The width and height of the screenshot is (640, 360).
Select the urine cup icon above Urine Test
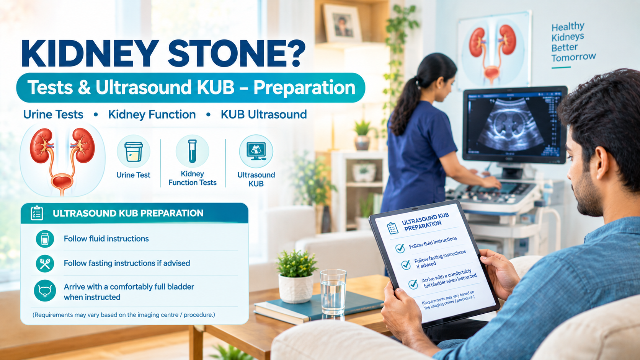tap(134, 151)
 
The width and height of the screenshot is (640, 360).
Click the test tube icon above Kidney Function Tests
tap(192, 151)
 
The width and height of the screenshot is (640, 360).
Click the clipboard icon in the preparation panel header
tap(37, 213)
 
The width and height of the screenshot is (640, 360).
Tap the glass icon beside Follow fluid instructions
tap(45, 239)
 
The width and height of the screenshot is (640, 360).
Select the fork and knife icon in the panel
tap(45, 263)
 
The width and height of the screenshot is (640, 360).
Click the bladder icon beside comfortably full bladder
tap(45, 291)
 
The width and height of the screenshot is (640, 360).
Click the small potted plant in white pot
tap(296, 276)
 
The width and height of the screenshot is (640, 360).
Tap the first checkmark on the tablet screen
tap(400, 248)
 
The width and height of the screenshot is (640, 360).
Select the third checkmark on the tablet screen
tap(413, 284)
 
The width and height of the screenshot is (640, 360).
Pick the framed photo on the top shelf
tap(342, 24)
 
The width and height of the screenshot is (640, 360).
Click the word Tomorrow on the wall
tap(573, 57)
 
